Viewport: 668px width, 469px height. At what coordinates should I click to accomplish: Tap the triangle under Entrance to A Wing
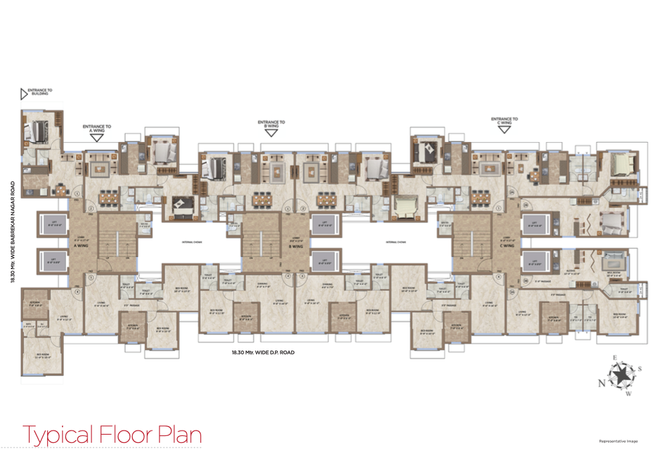click(x=97, y=137)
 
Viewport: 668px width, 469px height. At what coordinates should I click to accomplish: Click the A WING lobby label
click(x=83, y=246)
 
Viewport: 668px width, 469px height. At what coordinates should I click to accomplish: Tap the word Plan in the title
click(x=179, y=435)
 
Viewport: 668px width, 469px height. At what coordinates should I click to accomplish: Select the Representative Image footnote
click(x=618, y=441)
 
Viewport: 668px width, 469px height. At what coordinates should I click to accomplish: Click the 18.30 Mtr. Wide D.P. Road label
click(x=263, y=352)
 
